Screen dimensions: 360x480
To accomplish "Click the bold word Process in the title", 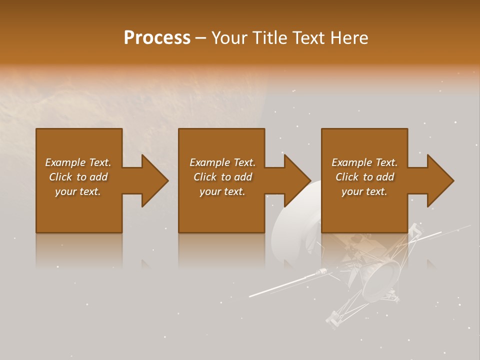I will (157, 38).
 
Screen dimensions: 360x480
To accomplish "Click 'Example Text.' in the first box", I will (78, 162).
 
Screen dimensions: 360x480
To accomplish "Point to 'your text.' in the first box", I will (78, 191).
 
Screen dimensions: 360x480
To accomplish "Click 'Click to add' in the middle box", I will (222, 177).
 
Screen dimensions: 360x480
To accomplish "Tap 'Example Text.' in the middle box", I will (222, 162).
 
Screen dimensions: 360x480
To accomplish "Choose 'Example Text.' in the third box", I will (364, 162).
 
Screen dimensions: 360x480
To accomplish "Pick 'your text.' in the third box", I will (364, 191).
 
